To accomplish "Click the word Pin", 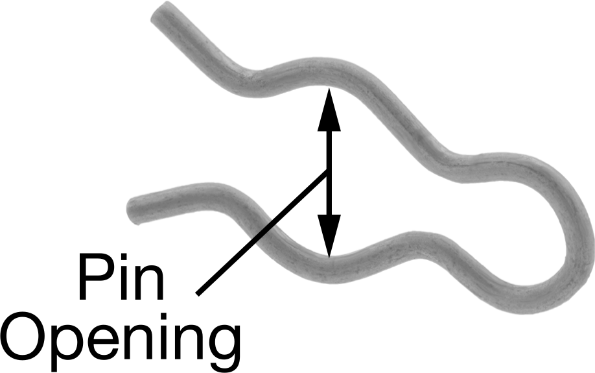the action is tap(121, 277).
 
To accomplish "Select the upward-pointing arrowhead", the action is tap(329, 110).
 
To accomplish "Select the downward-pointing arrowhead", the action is tap(329, 236).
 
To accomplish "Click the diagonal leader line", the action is tap(262, 232).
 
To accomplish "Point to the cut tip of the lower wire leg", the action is tap(134, 211).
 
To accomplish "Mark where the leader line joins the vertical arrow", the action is tap(328, 170).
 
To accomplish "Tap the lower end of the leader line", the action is tap(197, 294).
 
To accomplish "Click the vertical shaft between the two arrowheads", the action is tap(329, 173).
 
